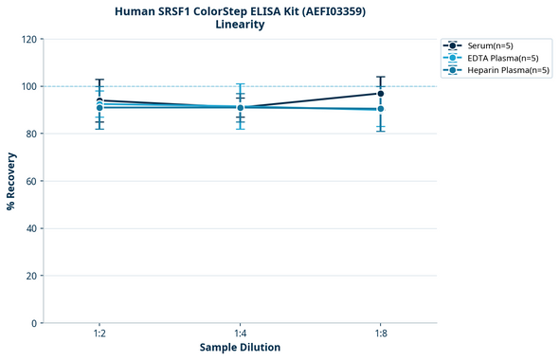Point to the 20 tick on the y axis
pos(29,276)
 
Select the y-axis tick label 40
pos(29,228)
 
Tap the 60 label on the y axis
pos(29,181)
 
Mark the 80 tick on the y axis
pos(29,134)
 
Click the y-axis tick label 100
pos(27,86)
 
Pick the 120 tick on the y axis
pos(27,39)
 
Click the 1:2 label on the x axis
pos(99,334)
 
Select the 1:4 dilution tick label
pos(240,334)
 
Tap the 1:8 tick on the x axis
pos(380,334)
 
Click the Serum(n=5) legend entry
pos(490,45)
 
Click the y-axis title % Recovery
pos(11,181)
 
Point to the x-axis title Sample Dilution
pos(240,348)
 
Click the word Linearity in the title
pos(240,25)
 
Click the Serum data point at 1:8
pos(380,93)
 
